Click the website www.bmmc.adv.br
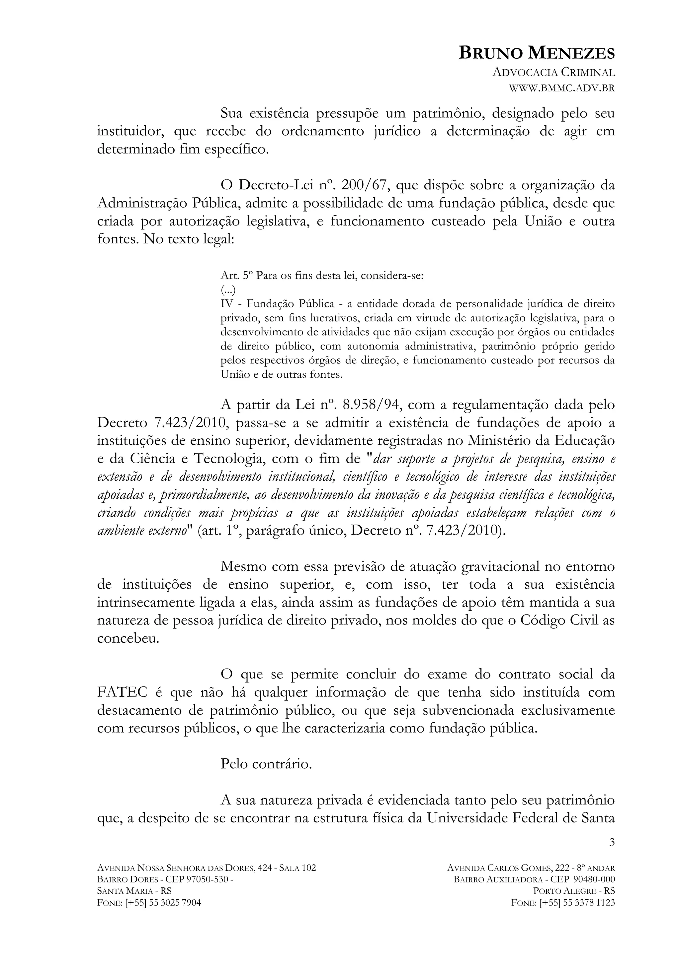561,88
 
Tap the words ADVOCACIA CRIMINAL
553,72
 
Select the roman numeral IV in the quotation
226,304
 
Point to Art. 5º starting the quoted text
236,276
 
